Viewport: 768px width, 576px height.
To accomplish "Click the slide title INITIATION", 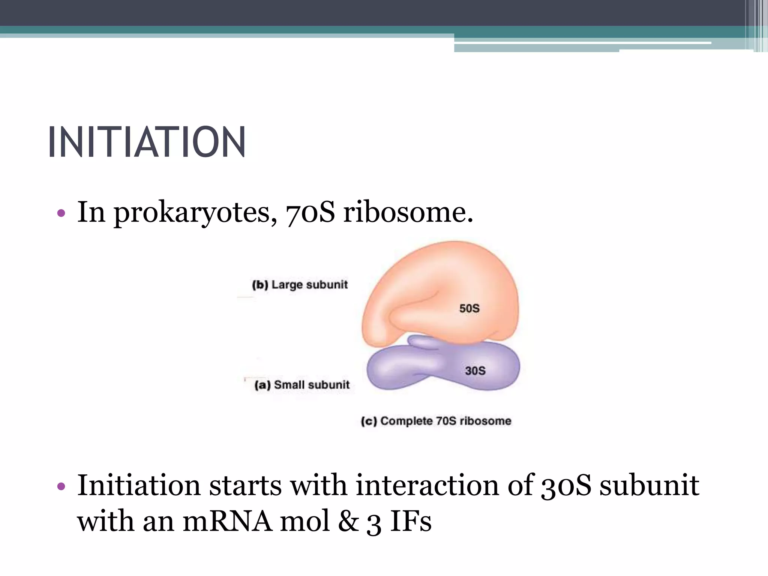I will coord(147,142).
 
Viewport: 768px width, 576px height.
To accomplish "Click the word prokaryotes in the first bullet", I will coord(192,213).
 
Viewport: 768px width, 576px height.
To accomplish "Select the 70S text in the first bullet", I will coord(310,212).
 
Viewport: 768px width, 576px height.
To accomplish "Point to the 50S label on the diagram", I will coord(469,308).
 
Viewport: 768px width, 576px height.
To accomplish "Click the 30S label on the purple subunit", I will coord(475,370).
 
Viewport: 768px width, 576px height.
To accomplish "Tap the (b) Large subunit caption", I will coord(300,285).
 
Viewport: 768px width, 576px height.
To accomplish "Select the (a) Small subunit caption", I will coord(302,385).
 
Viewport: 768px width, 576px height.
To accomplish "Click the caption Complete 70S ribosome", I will coord(436,421).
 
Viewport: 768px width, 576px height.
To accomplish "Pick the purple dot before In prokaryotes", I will coord(61,213).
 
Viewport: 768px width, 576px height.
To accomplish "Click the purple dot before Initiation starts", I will coord(61,486).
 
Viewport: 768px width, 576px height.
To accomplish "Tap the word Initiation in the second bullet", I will coord(138,485).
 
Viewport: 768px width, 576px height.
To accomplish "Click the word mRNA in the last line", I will coord(227,522).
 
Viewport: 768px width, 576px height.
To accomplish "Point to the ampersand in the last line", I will coord(348,522).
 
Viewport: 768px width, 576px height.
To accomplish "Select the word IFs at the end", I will coord(411,522).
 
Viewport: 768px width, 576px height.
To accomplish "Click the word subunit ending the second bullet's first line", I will coord(649,485).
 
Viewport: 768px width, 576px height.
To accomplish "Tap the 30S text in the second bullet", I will coord(566,485).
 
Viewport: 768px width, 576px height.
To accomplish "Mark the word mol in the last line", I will coord(305,522).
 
